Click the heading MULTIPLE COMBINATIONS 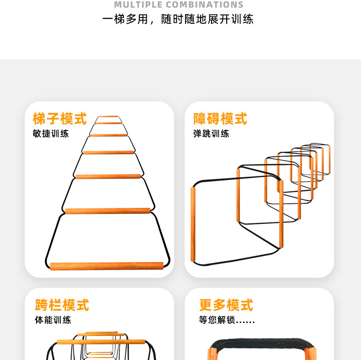(x=178, y=5)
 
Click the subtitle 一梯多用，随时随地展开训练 (x=178, y=20)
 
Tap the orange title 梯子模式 (x=60, y=119)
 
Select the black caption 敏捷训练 (x=51, y=134)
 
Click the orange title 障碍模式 (x=220, y=119)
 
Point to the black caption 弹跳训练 (x=211, y=134)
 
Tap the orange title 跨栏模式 (x=62, y=305)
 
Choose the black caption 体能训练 (x=53, y=320)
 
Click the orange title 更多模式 (x=226, y=305)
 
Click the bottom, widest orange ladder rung (x=106, y=266)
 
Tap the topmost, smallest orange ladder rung (x=108, y=116)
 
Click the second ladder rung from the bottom (x=107, y=211)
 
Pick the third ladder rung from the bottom (x=108, y=176)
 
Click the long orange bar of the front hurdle (x=101, y=341)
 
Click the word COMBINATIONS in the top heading (x=204, y=5)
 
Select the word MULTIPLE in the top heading (x=138, y=5)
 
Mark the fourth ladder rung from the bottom (x=108, y=152)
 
